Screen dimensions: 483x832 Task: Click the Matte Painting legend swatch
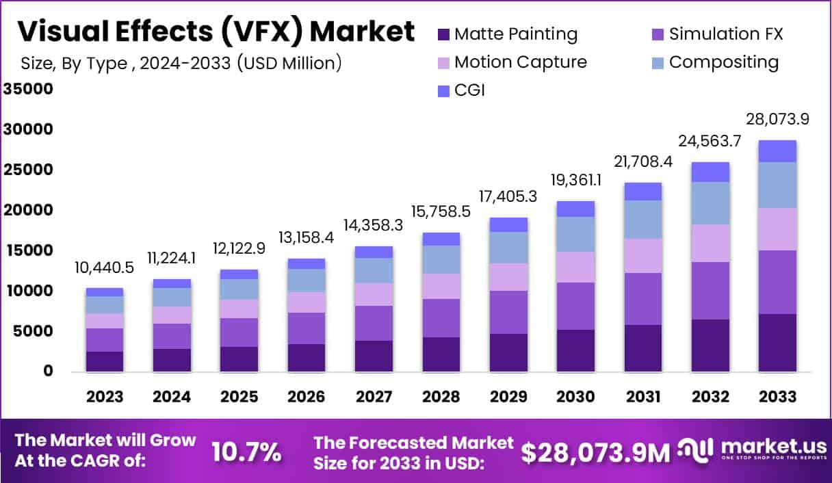coord(443,34)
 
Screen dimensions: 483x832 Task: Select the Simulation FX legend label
coord(725,34)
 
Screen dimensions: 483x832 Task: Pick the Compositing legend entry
coord(723,62)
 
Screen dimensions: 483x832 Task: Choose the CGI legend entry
coord(469,90)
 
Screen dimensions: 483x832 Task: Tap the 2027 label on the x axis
coord(374,397)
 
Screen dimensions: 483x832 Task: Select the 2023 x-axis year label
coord(105,397)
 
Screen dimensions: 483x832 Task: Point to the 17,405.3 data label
coord(508,196)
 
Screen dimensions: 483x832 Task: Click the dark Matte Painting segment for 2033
coord(777,342)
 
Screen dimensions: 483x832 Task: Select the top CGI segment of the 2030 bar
coord(575,209)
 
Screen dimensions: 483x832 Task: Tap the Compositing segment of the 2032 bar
coord(710,203)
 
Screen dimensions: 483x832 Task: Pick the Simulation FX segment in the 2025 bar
coord(239,332)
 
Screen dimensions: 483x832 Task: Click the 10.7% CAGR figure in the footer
coord(246,452)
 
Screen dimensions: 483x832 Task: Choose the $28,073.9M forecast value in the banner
coord(595,452)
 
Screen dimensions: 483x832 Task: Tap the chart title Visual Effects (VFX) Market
coord(216,31)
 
